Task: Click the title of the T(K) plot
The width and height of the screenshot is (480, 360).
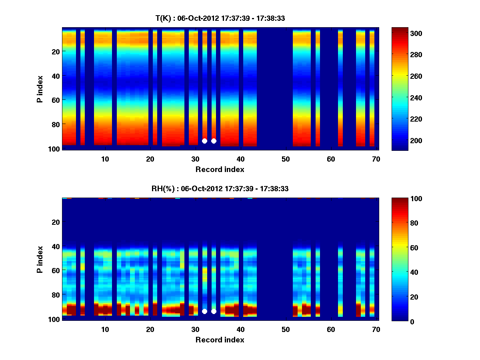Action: pos(220,18)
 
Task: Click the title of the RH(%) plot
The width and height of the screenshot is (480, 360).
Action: pos(220,188)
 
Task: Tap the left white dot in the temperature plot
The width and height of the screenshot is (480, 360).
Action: pos(204,141)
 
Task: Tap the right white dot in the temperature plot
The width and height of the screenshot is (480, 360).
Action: pos(214,141)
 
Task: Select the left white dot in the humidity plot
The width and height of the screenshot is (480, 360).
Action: pos(204,311)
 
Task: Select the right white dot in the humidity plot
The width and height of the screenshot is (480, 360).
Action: pos(214,311)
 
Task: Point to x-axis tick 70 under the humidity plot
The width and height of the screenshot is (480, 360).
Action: pos(376,330)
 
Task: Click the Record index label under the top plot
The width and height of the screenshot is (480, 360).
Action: pos(220,169)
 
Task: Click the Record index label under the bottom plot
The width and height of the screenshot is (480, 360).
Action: pos(220,340)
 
